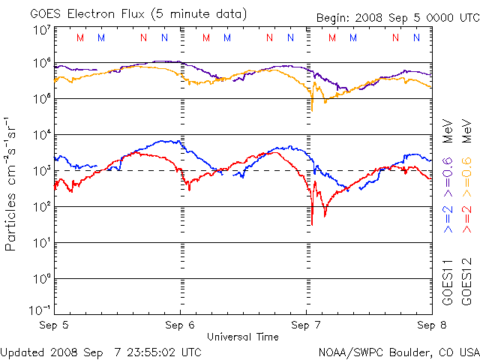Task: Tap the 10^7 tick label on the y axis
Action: [40, 30]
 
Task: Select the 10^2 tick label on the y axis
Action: [40, 207]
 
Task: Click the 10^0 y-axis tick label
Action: [40, 279]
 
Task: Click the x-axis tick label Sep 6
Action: [180, 325]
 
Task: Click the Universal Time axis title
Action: [243, 337]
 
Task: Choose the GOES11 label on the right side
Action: [447, 282]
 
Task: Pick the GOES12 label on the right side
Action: [465, 282]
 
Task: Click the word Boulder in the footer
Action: [407, 352]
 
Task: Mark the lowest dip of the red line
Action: [312, 223]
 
